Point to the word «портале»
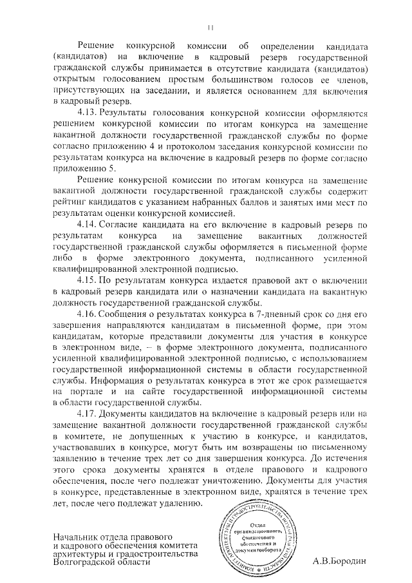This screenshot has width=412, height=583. [98, 389]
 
